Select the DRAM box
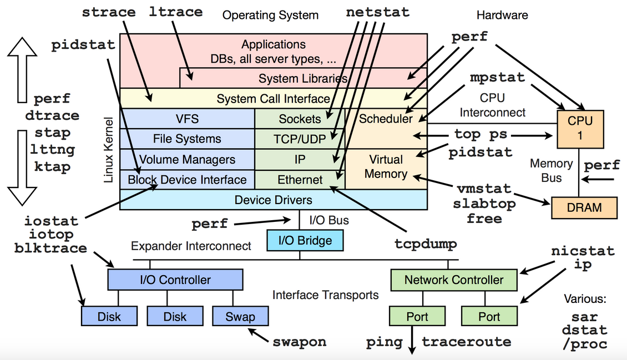click(x=584, y=207)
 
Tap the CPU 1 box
click(x=580, y=128)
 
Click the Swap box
click(x=240, y=317)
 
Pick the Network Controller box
click(x=453, y=280)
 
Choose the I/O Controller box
click(x=175, y=280)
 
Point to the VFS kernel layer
click(x=187, y=119)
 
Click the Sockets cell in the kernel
click(x=300, y=119)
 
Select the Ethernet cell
click(x=300, y=180)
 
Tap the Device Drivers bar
click(x=273, y=200)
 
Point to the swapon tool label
click(x=299, y=341)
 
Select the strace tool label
click(x=109, y=12)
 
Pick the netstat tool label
click(x=377, y=12)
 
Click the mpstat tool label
click(x=497, y=77)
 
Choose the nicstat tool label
click(x=583, y=251)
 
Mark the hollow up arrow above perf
click(x=22, y=69)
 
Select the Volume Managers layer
click(x=187, y=160)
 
